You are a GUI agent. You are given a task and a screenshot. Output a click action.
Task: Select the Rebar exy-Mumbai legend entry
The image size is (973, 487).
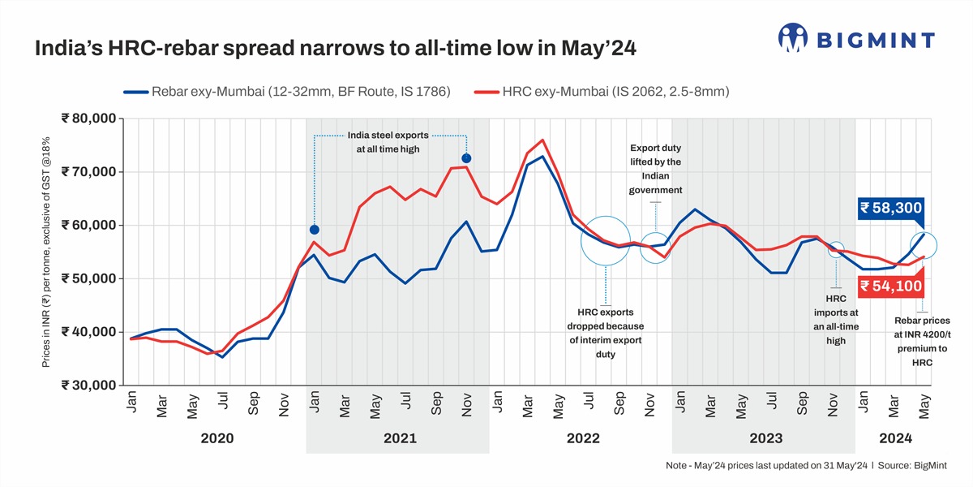pos(288,92)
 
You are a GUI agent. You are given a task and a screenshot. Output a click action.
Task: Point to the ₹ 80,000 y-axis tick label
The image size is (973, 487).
pos(88,119)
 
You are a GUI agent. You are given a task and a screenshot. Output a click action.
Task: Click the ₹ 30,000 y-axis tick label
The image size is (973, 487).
pos(88,386)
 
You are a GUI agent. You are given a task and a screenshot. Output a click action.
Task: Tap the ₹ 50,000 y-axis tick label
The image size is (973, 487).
pos(88,278)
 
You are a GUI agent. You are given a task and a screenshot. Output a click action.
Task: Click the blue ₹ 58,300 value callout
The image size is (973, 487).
pos(890,209)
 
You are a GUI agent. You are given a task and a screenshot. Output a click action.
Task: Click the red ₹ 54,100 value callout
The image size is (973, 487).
pos(890,286)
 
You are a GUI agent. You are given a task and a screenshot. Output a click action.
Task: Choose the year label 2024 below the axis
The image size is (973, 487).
pos(895,438)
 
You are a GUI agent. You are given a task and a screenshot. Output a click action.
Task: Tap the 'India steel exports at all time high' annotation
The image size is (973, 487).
pos(388,142)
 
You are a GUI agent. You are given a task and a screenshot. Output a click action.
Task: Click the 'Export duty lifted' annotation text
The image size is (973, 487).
pos(655,169)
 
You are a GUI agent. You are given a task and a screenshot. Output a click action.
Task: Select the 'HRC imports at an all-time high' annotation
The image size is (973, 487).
pos(835,320)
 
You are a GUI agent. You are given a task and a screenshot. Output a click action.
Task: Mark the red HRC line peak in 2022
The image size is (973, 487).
pos(542,140)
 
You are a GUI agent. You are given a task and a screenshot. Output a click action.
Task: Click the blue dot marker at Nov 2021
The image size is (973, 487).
pos(466,158)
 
